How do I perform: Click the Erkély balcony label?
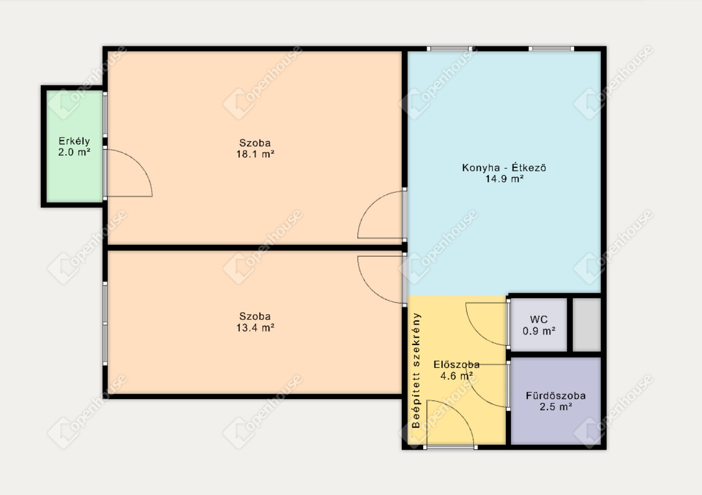pyautogui.click(x=74, y=141)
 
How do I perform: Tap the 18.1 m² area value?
pyautogui.click(x=256, y=154)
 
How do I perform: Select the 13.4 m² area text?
pyautogui.click(x=256, y=328)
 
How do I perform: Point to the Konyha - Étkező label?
pyautogui.click(x=504, y=168)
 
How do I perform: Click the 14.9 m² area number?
pyautogui.click(x=505, y=179)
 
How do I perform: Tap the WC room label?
pyautogui.click(x=539, y=319)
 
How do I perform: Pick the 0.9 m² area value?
pyautogui.click(x=539, y=331)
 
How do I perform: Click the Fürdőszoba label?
pyautogui.click(x=556, y=395)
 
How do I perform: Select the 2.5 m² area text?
pyautogui.click(x=556, y=407)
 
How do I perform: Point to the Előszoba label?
pyautogui.click(x=456, y=364)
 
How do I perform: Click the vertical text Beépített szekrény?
pyautogui.click(x=416, y=370)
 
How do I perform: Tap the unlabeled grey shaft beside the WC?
pyautogui.click(x=586, y=325)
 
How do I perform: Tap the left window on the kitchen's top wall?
pyautogui.click(x=450, y=48)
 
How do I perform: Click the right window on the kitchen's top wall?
pyautogui.click(x=551, y=48)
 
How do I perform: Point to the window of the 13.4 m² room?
pyautogui.click(x=105, y=324)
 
